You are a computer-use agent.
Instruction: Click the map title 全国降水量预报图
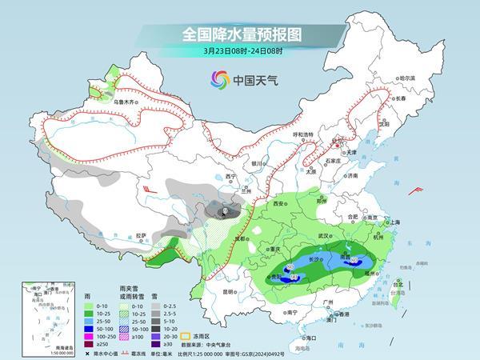[x=241, y=34]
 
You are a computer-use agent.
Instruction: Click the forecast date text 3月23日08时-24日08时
[x=241, y=54]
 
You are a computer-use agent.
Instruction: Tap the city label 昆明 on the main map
[x=230, y=291]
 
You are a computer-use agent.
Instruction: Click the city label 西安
[x=278, y=205]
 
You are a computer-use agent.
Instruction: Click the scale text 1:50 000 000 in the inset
[x=38, y=353]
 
